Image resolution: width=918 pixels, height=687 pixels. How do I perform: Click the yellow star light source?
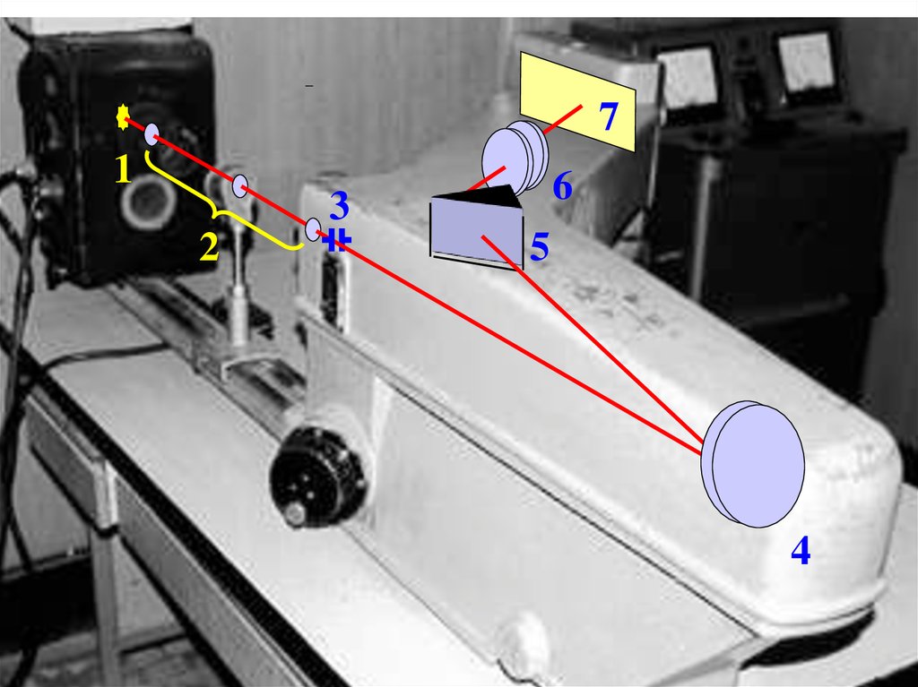click(124, 117)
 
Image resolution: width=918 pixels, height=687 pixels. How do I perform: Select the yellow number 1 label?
click(123, 168)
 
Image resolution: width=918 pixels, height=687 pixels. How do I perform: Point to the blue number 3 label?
click(338, 206)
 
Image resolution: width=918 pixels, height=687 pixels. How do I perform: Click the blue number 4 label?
click(800, 550)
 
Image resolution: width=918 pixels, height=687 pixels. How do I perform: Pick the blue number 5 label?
click(539, 247)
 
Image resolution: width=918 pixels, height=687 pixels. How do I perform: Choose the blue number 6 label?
click(562, 187)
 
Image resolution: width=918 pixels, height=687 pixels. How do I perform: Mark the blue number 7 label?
click(609, 117)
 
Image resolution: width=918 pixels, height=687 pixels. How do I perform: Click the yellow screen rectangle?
click(577, 99)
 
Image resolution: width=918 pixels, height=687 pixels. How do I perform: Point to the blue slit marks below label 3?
click(337, 239)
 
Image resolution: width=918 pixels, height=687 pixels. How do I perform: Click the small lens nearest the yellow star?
click(152, 134)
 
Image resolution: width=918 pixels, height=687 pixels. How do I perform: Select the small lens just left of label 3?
click(313, 228)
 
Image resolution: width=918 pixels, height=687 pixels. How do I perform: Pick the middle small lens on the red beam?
click(240, 186)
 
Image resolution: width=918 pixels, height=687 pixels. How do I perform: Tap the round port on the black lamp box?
click(148, 202)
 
